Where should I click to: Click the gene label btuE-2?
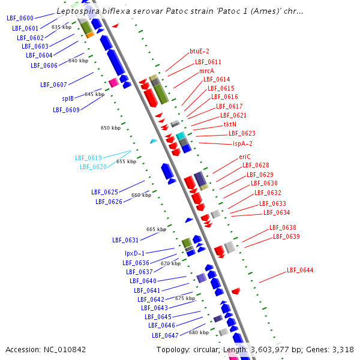pos(199,52)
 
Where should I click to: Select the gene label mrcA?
pos(206,71)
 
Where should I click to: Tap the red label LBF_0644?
pos(300,270)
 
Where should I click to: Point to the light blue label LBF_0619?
pos(88,158)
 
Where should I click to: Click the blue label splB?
pos(68,98)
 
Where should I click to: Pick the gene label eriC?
pos(244,157)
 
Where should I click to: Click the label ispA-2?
pos(242,143)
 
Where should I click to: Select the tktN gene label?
pos(230,124)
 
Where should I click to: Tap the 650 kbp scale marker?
pos(110,128)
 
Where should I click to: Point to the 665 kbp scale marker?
pos(156,229)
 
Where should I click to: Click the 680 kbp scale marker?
pos(199,332)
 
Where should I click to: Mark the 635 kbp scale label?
pos(61,27)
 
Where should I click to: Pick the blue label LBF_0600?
pos(20,19)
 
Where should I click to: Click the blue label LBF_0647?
pos(165,335)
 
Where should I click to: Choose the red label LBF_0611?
pos(208,62)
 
